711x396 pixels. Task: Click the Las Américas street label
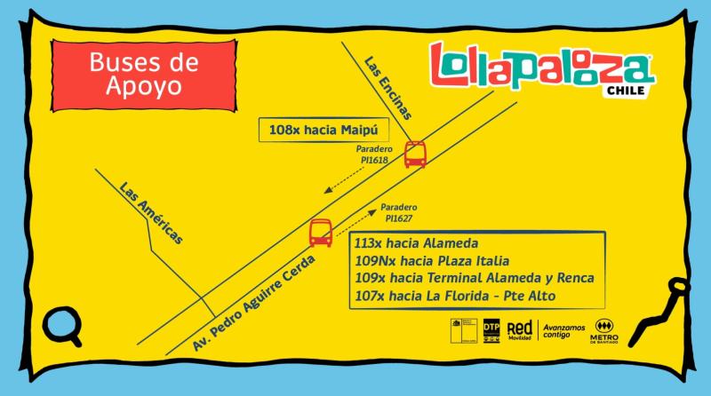[151, 212]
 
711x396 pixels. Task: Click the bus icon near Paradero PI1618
[415, 154]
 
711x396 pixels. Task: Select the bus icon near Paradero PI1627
[321, 232]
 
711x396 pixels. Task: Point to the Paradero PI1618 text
[372, 154]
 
